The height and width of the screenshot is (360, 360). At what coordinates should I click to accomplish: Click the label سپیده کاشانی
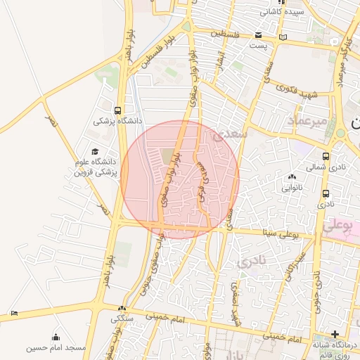click(x=282, y=12)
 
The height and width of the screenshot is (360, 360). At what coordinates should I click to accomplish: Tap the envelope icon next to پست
click(x=259, y=36)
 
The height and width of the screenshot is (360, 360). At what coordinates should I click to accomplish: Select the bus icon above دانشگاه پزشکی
click(x=117, y=110)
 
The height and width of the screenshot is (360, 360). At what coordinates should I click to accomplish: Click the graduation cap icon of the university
click(x=95, y=151)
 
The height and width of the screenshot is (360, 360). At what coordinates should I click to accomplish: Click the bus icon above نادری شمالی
click(x=326, y=156)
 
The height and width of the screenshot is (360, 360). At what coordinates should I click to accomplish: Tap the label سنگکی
click(x=120, y=319)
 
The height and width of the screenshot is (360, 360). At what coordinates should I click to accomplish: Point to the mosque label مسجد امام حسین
click(x=56, y=348)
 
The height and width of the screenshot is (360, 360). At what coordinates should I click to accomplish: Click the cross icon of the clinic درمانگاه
click(x=335, y=335)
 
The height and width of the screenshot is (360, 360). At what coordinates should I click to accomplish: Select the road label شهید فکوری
click(x=297, y=91)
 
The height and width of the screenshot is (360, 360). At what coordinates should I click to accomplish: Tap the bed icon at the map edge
click(x=15, y=314)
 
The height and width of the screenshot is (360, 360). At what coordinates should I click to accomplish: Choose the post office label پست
click(x=259, y=46)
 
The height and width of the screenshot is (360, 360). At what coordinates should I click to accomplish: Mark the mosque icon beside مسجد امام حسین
click(x=56, y=337)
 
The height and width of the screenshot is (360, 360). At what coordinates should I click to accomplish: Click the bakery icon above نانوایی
click(x=292, y=177)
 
